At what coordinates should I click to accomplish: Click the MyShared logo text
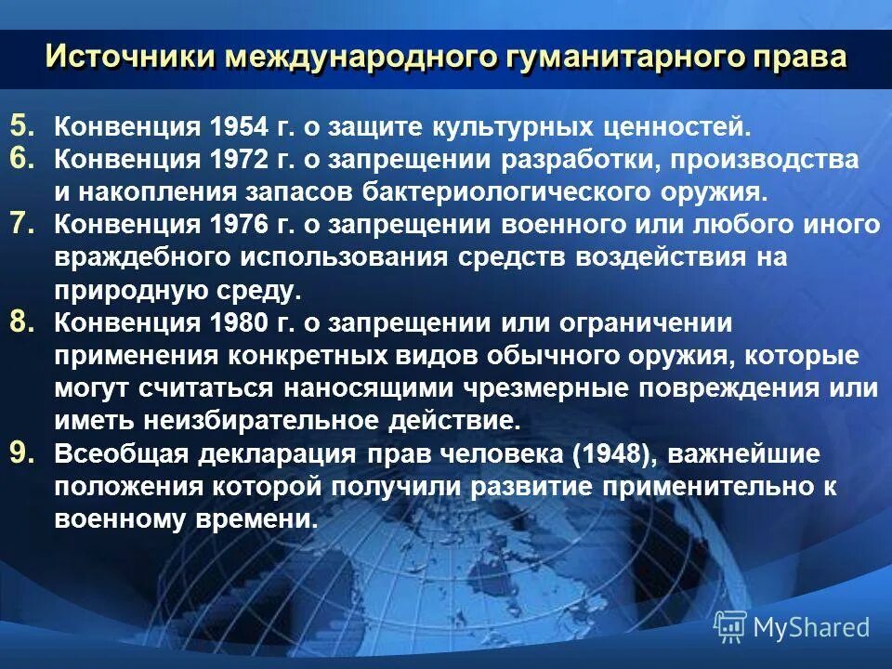click(811, 628)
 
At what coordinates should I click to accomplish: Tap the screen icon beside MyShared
click(730, 627)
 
